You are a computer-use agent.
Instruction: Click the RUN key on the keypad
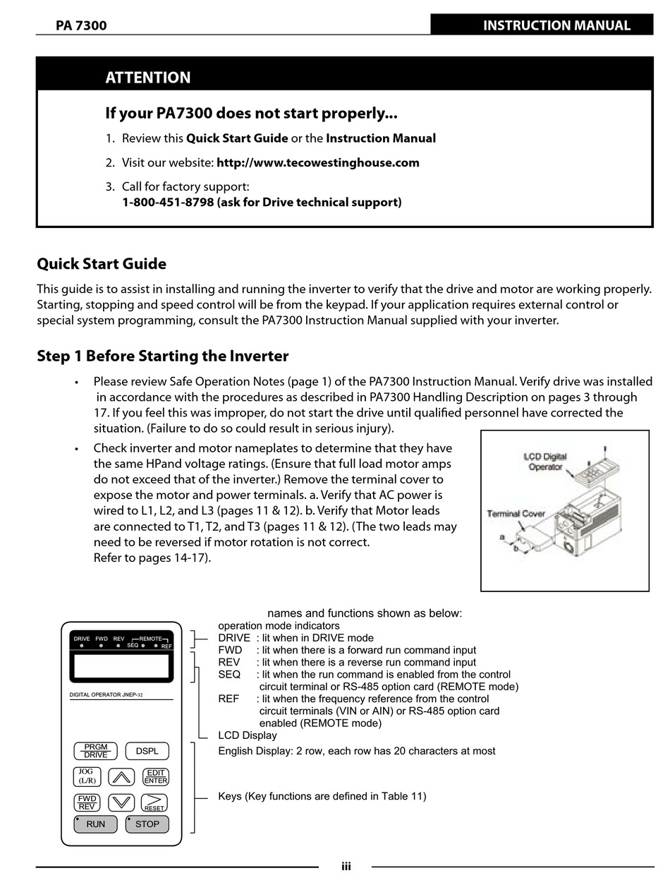pyautogui.click(x=95, y=824)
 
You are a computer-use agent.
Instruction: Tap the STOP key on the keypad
pyautogui.click(x=147, y=824)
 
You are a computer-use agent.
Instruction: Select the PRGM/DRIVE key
pyautogui.click(x=95, y=751)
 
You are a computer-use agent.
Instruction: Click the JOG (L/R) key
pyautogui.click(x=87, y=776)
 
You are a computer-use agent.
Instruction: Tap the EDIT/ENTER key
pyautogui.click(x=155, y=776)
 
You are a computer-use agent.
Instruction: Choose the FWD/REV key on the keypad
pyautogui.click(x=87, y=802)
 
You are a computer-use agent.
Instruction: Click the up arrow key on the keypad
pyautogui.click(x=122, y=777)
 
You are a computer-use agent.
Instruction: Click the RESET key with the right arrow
pyautogui.click(x=154, y=802)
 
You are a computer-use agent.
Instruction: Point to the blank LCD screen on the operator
pyautogui.click(x=121, y=666)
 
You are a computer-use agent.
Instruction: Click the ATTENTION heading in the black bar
pyautogui.click(x=148, y=78)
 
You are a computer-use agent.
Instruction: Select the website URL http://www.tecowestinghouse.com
pyautogui.click(x=317, y=162)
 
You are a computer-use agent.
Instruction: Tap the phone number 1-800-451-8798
pyautogui.click(x=168, y=203)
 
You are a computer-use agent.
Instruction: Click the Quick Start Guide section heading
pyautogui.click(x=102, y=264)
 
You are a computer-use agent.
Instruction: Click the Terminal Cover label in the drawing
pyautogui.click(x=516, y=513)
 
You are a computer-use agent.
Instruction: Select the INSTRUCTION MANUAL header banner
pyautogui.click(x=556, y=25)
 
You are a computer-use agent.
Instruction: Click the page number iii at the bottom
pyautogui.click(x=346, y=867)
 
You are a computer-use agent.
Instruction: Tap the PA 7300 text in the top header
pyautogui.click(x=81, y=26)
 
